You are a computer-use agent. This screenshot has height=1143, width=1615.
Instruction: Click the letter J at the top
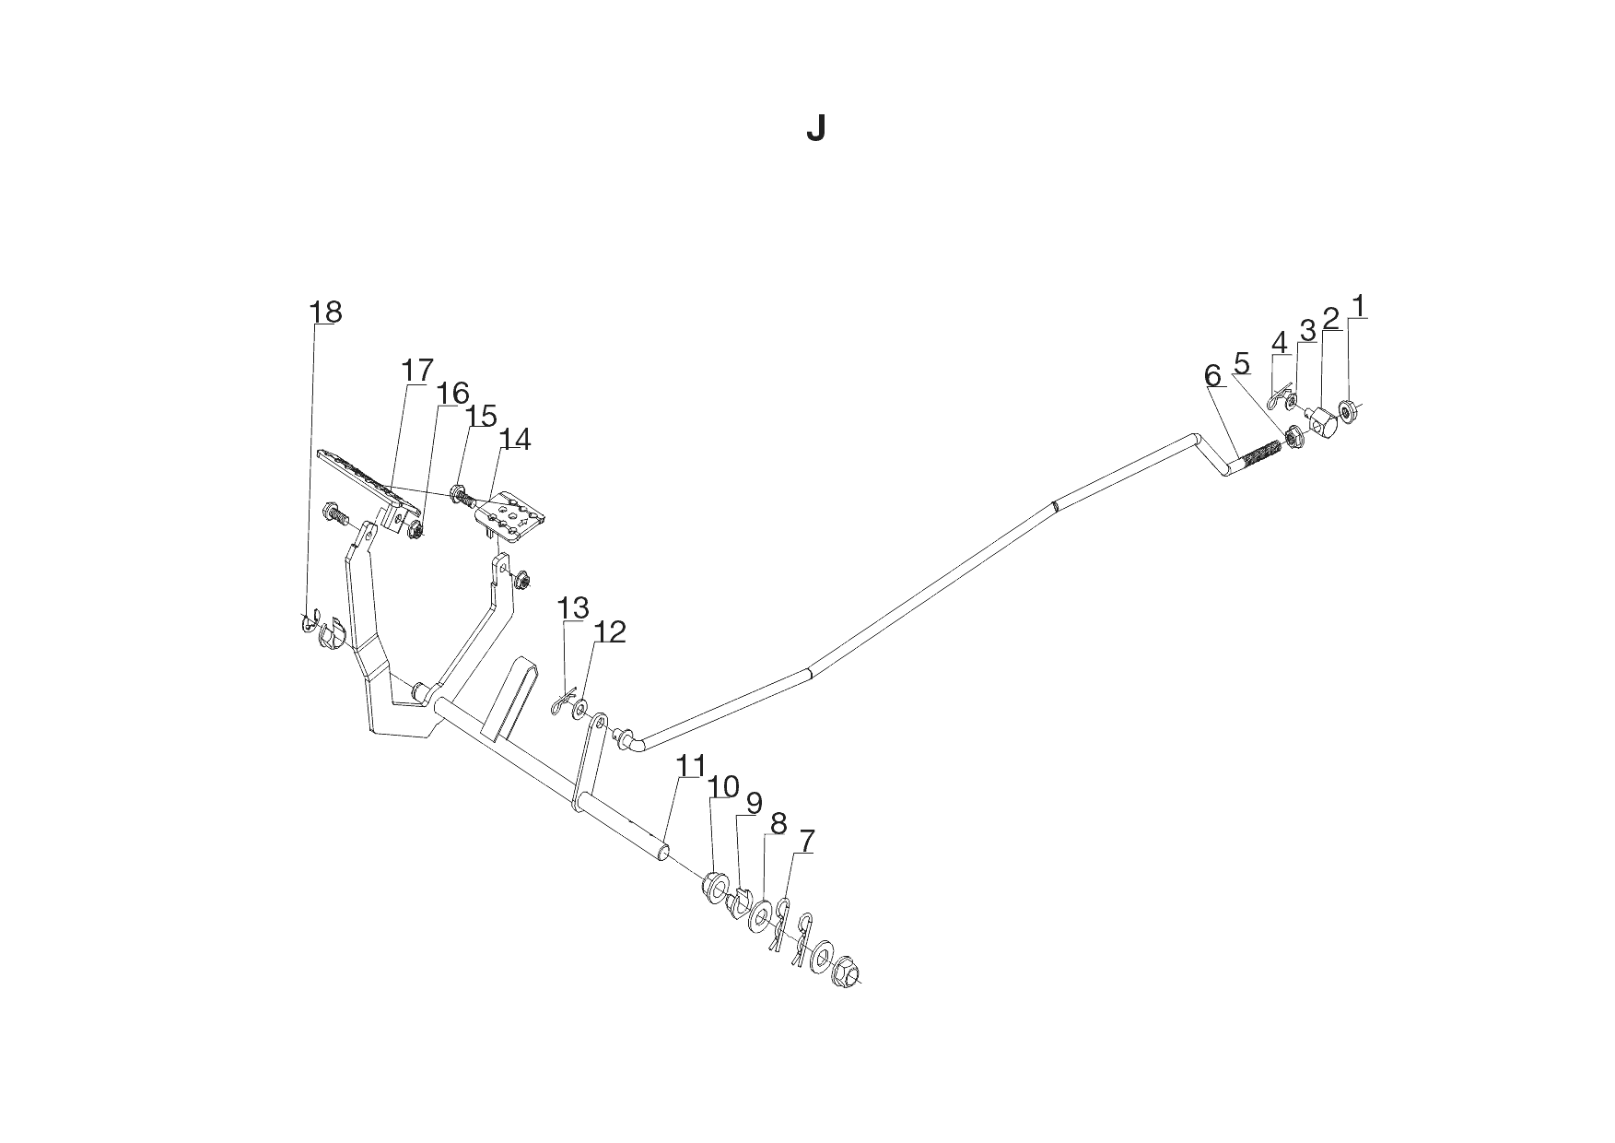click(x=815, y=129)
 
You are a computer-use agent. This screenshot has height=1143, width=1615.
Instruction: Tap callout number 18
click(x=326, y=312)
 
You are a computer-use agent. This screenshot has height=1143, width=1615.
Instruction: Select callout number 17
click(x=417, y=371)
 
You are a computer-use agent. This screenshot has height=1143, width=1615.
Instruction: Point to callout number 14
click(x=516, y=440)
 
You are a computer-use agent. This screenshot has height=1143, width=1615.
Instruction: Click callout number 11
click(x=691, y=766)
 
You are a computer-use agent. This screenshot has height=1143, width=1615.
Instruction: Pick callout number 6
click(x=1212, y=375)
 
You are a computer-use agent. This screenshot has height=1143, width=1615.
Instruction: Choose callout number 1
click(x=1358, y=305)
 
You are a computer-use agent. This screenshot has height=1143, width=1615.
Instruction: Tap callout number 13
click(x=573, y=607)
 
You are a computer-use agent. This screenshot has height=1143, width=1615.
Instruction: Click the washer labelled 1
click(x=1348, y=412)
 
